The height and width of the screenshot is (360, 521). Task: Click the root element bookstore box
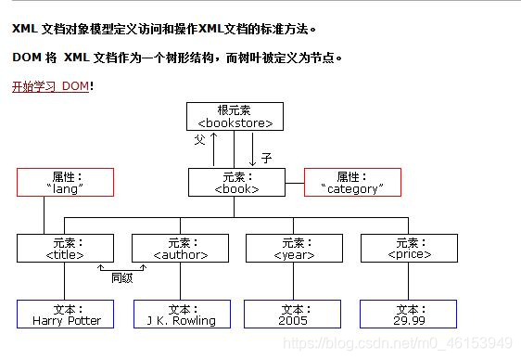coord(235,116)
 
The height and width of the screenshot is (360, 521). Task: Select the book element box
coord(236,182)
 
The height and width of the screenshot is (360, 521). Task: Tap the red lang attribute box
coord(65,182)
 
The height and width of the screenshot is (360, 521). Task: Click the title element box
coord(65,248)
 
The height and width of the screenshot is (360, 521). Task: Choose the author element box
coord(179,248)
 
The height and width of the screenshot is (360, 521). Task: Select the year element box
coord(293,248)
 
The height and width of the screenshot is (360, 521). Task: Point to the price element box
coord(408,248)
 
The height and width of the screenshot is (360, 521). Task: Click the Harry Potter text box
coord(66,315)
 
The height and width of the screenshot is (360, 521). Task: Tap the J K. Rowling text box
coord(181,315)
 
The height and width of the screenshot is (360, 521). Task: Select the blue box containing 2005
coord(293,315)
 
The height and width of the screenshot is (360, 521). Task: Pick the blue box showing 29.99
coord(408,315)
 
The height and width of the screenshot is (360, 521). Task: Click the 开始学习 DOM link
coord(50,86)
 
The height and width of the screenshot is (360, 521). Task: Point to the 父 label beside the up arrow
coord(199,140)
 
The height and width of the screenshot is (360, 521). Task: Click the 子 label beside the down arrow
coord(266,159)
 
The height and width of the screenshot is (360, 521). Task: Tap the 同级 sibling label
coord(122,276)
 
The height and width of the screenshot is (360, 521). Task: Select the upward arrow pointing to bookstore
coord(214,148)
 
